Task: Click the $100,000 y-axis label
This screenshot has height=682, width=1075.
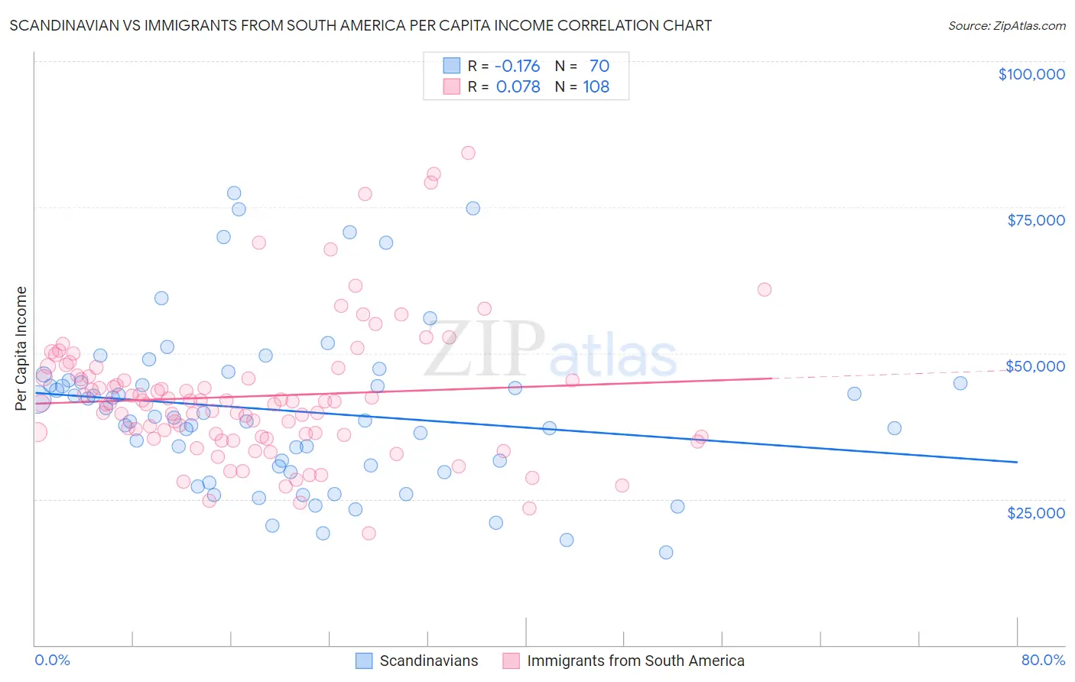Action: pyautogui.click(x=1031, y=74)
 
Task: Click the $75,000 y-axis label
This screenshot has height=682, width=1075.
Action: pyautogui.click(x=1035, y=220)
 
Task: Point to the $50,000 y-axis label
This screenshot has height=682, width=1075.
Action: pyautogui.click(x=1034, y=366)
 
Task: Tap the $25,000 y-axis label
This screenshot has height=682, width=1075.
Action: pyautogui.click(x=1035, y=512)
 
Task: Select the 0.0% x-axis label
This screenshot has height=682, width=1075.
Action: pyautogui.click(x=52, y=660)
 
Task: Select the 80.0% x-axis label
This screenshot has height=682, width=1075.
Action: pyautogui.click(x=1042, y=660)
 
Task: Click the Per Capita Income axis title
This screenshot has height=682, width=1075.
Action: pyautogui.click(x=21, y=348)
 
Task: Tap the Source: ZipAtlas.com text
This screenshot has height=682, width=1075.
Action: pyautogui.click(x=1006, y=25)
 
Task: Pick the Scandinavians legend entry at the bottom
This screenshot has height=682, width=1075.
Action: pyautogui.click(x=428, y=661)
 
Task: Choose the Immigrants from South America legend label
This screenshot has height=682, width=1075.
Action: pyautogui.click(x=635, y=661)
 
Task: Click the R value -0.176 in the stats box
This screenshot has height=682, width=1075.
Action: pyautogui.click(x=518, y=66)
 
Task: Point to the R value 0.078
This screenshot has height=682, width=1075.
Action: pyautogui.click(x=518, y=86)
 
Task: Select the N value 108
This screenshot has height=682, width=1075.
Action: pyautogui.click(x=596, y=86)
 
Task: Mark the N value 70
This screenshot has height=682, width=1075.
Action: pyautogui.click(x=599, y=66)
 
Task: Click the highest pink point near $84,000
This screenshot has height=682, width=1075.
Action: pyautogui.click(x=468, y=153)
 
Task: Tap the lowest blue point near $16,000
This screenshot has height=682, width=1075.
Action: pyautogui.click(x=666, y=552)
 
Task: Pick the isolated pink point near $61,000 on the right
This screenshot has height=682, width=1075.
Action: pyautogui.click(x=765, y=290)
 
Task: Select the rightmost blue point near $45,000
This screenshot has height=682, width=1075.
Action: pyautogui.click(x=960, y=383)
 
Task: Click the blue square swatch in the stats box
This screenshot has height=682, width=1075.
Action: pyautogui.click(x=452, y=66)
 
